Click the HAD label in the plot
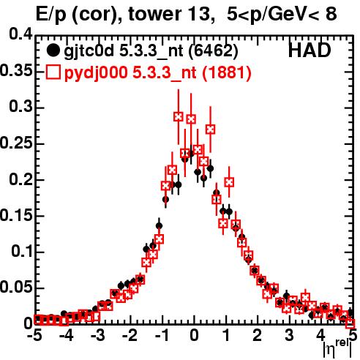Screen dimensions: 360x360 (x=310, y=50)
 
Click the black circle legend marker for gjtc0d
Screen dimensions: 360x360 (x=53, y=50)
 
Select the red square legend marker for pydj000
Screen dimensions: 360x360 (x=53, y=72)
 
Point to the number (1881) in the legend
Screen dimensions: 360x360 (x=227, y=72)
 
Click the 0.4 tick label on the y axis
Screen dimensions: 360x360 (x=20, y=34)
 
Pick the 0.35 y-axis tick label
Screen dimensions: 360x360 (x=16, y=71)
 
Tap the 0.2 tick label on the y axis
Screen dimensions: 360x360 (x=20, y=179)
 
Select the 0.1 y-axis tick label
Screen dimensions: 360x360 (x=22, y=252)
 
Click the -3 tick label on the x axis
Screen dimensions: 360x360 (x=98, y=335)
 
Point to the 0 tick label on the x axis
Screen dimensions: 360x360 (x=194, y=335)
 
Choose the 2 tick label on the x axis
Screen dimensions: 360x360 (x=258, y=335)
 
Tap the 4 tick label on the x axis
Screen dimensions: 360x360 (x=320, y=335)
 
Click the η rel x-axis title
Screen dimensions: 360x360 (x=337, y=349)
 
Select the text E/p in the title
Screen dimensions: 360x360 (x=51, y=15)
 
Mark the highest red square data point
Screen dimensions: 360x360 (x=179, y=117)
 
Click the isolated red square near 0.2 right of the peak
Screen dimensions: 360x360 (x=229, y=182)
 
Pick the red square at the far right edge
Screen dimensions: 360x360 (x=350, y=324)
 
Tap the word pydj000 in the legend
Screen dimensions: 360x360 (x=96, y=73)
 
